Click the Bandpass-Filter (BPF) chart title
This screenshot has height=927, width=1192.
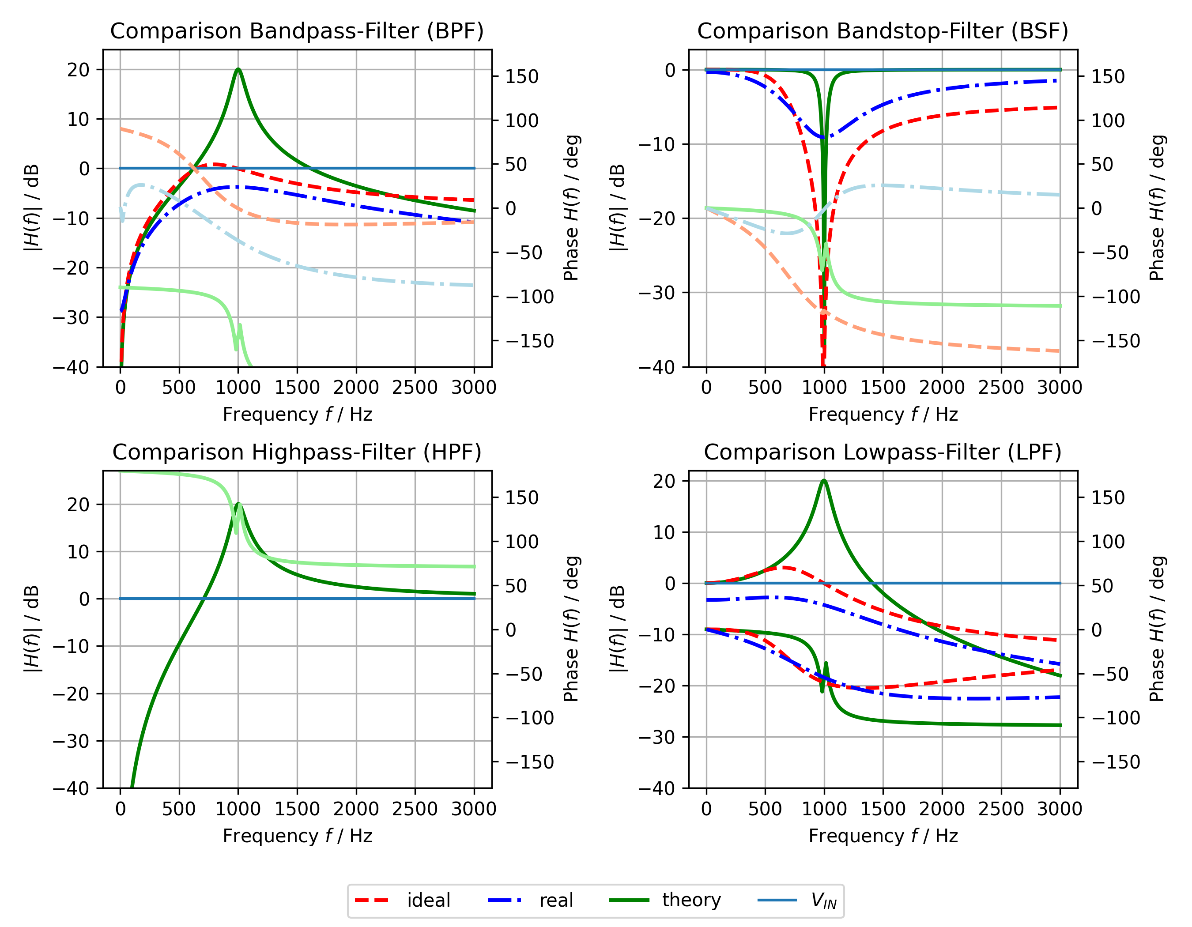(297, 31)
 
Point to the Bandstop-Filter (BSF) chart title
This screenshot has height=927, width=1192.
(883, 31)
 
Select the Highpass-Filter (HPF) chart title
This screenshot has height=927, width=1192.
(297, 452)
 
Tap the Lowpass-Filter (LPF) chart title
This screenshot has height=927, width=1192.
(883, 452)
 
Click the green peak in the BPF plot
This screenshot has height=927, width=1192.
(238, 69)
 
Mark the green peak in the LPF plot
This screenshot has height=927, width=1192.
(824, 481)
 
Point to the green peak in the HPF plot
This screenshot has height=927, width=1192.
(238, 504)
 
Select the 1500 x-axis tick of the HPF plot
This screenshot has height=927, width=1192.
(297, 809)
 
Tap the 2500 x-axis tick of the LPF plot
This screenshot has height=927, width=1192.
(1001, 809)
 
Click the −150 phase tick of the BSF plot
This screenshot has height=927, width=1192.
(1116, 341)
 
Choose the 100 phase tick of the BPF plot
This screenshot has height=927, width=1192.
(521, 121)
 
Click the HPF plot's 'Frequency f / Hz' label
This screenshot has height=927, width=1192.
(297, 836)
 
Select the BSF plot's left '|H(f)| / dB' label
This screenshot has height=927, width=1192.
(617, 208)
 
